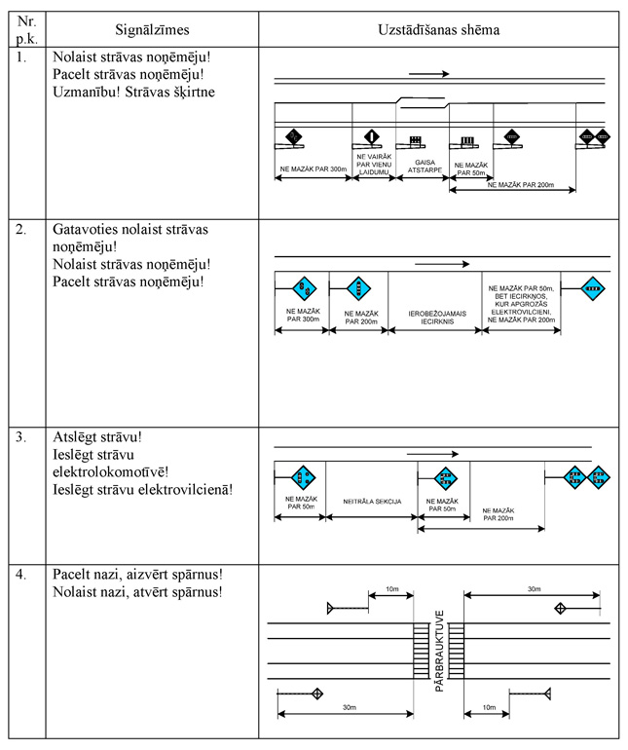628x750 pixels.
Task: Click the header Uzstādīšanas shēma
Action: [438, 29]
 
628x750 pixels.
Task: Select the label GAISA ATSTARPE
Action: [423, 167]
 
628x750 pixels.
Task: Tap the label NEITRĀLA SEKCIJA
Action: [372, 502]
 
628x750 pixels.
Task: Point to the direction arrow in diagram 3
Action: [432, 453]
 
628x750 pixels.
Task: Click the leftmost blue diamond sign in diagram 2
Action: [303, 287]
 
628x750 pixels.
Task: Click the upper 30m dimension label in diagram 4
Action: [534, 589]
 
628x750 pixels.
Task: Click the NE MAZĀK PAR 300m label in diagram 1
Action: [313, 169]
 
